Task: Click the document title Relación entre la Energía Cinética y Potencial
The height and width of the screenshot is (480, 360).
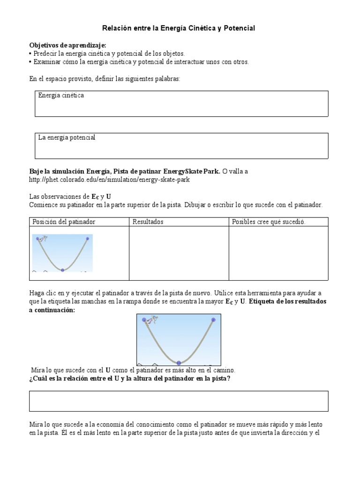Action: pyautogui.click(x=179, y=29)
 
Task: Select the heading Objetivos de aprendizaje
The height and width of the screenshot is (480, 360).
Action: pyautogui.click(x=68, y=45)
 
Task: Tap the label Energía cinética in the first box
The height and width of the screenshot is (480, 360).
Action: pyautogui.click(x=61, y=95)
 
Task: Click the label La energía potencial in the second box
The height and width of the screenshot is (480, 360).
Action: pyautogui.click(x=67, y=137)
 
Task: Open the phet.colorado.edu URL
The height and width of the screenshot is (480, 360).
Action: pyautogui.click(x=109, y=180)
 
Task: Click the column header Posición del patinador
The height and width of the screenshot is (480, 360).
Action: pyautogui.click(x=64, y=222)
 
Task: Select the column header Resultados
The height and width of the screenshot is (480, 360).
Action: pyautogui.click(x=148, y=222)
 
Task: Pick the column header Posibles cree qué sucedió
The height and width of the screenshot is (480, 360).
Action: pyautogui.click(x=269, y=222)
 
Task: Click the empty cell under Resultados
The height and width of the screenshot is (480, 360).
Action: pyautogui.click(x=178, y=251)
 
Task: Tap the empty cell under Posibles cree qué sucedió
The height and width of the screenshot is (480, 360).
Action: pyautogui.click(x=278, y=251)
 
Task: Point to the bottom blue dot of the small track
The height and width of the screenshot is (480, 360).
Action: pyautogui.click(x=62, y=270)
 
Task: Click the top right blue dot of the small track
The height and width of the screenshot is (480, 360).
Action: pyautogui.click(x=87, y=239)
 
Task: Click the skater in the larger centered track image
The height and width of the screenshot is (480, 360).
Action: pyautogui.click(x=151, y=321)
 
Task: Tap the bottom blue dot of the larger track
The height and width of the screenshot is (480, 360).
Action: pyautogui.click(x=179, y=363)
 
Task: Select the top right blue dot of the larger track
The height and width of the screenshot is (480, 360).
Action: pyautogui.click(x=213, y=320)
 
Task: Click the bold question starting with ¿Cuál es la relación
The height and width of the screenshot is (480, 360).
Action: pyautogui.click(x=129, y=379)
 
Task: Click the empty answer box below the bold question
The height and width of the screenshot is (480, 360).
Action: pyautogui.click(x=179, y=401)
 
